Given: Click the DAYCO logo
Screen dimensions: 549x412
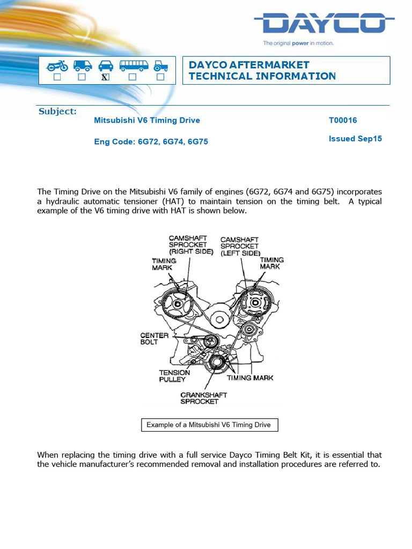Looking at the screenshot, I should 324,25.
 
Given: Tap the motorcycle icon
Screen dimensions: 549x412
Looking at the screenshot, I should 57,65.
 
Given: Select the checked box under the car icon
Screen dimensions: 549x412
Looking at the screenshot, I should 106,77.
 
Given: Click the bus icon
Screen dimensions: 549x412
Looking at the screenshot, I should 134,65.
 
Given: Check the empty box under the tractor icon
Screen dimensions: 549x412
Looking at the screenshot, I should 160,77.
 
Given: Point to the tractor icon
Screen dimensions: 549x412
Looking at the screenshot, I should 160,65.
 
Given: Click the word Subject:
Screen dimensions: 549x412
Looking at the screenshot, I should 57,112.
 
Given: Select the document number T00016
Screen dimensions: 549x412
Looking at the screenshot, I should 343,121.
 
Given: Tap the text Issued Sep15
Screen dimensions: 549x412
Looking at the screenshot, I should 355,139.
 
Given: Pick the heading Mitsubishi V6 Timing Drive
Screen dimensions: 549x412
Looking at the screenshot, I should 147,121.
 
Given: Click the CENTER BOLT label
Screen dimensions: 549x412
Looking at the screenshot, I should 154,339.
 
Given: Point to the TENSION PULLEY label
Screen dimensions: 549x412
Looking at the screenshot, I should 174,376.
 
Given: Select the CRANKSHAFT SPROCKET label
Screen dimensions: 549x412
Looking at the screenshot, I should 203,398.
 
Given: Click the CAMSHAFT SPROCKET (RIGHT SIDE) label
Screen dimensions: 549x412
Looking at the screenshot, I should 190,244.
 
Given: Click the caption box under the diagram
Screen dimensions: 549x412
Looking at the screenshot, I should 209,425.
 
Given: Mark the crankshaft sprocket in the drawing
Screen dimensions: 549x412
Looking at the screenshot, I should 217,363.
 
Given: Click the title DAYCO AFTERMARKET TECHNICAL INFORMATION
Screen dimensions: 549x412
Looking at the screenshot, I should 262,71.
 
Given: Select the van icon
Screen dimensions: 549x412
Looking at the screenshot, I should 82,65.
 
